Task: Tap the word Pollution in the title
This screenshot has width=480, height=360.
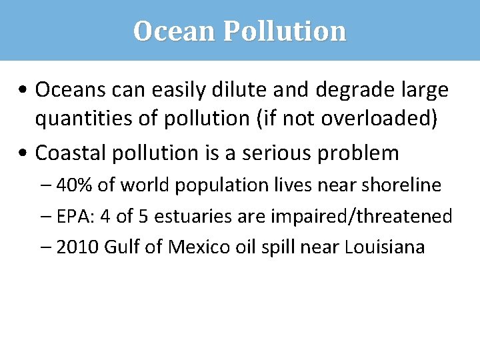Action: (285, 31)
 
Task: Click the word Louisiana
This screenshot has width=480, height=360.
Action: (385, 247)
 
